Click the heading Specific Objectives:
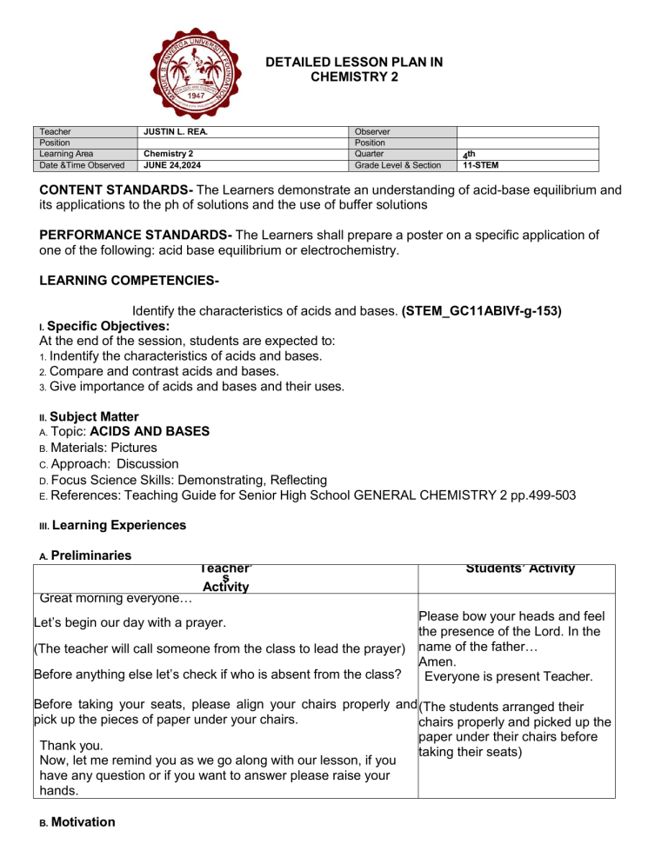pos(108,325)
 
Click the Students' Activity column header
pos(519,568)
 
